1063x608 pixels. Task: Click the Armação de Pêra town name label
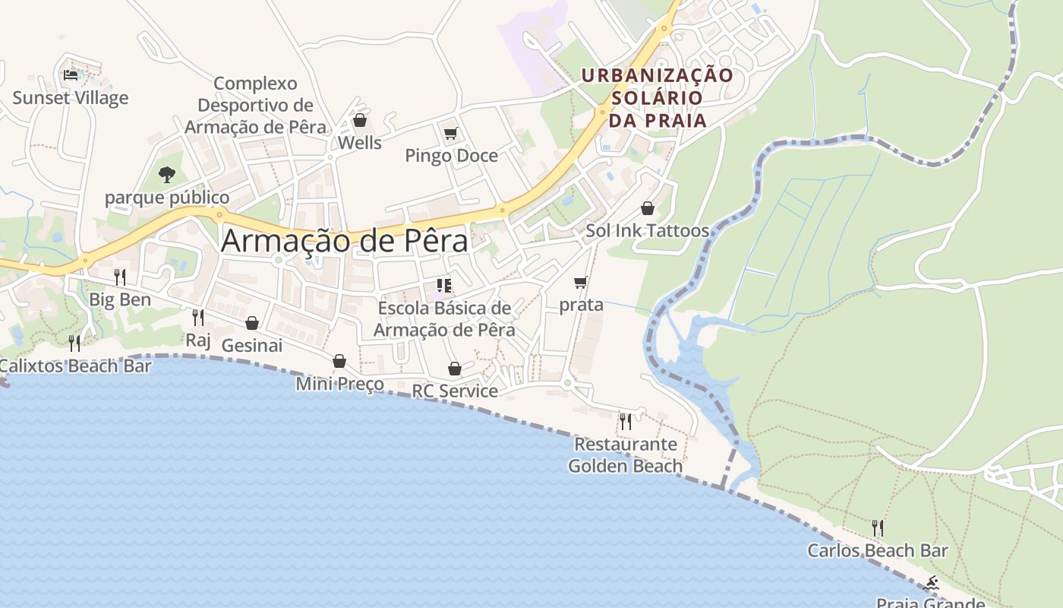(345, 241)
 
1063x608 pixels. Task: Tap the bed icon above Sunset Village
(71, 75)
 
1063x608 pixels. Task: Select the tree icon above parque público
(167, 175)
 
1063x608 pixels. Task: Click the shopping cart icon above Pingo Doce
(451, 134)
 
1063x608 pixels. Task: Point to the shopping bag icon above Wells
(360, 121)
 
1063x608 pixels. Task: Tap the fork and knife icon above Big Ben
(120, 277)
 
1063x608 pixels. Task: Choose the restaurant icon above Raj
(198, 317)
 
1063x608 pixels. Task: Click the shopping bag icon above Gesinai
(252, 323)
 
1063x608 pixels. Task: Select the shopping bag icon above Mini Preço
(339, 361)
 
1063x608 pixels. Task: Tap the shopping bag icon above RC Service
(455, 369)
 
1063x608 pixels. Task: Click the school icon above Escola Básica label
(444, 286)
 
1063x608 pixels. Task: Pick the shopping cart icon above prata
(581, 283)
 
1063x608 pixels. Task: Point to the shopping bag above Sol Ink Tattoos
(648, 208)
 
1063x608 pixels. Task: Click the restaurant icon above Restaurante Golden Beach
(625, 421)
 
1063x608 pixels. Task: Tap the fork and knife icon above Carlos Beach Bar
(878, 527)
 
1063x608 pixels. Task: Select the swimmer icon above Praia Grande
(931, 584)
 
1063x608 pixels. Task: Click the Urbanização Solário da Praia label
(658, 97)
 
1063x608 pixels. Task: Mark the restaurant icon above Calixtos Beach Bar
(74, 344)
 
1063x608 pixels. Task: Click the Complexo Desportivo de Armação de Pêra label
(255, 105)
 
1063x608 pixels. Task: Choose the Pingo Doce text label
(451, 156)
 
